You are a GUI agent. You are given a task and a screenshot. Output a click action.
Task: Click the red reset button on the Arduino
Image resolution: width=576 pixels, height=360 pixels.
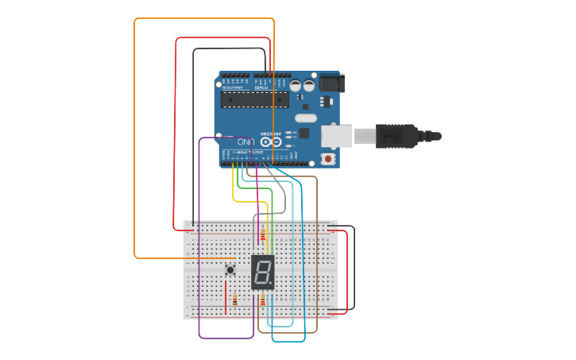click(x=328, y=159)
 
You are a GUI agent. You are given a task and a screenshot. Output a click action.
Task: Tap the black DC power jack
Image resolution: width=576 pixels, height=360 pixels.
click(x=331, y=82)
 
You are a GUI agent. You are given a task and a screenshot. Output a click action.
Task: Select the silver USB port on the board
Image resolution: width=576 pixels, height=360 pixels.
click(x=336, y=136)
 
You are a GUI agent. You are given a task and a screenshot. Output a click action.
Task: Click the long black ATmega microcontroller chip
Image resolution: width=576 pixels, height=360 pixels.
click(x=254, y=99)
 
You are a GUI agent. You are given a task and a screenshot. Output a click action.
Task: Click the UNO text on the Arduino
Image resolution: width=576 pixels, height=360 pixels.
click(x=242, y=141)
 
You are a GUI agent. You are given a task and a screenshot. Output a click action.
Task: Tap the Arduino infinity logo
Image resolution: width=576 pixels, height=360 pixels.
click(x=270, y=141)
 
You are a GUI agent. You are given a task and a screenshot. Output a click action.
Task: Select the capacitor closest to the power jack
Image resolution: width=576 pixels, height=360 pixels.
click(x=309, y=84)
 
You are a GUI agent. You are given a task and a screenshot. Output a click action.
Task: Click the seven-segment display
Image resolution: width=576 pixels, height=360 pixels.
click(x=262, y=272)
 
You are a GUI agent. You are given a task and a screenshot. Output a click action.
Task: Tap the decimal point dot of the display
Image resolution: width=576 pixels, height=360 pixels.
click(x=272, y=285)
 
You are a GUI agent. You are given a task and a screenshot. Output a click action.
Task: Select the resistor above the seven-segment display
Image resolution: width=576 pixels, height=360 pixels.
click(x=263, y=235)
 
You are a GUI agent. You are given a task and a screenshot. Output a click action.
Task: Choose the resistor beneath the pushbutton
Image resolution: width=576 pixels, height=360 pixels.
click(x=235, y=300)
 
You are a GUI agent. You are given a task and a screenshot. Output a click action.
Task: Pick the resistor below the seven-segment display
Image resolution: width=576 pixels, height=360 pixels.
click(x=263, y=300)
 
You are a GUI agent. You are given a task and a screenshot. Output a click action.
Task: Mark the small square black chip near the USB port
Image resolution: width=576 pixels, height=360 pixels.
click(x=304, y=134)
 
